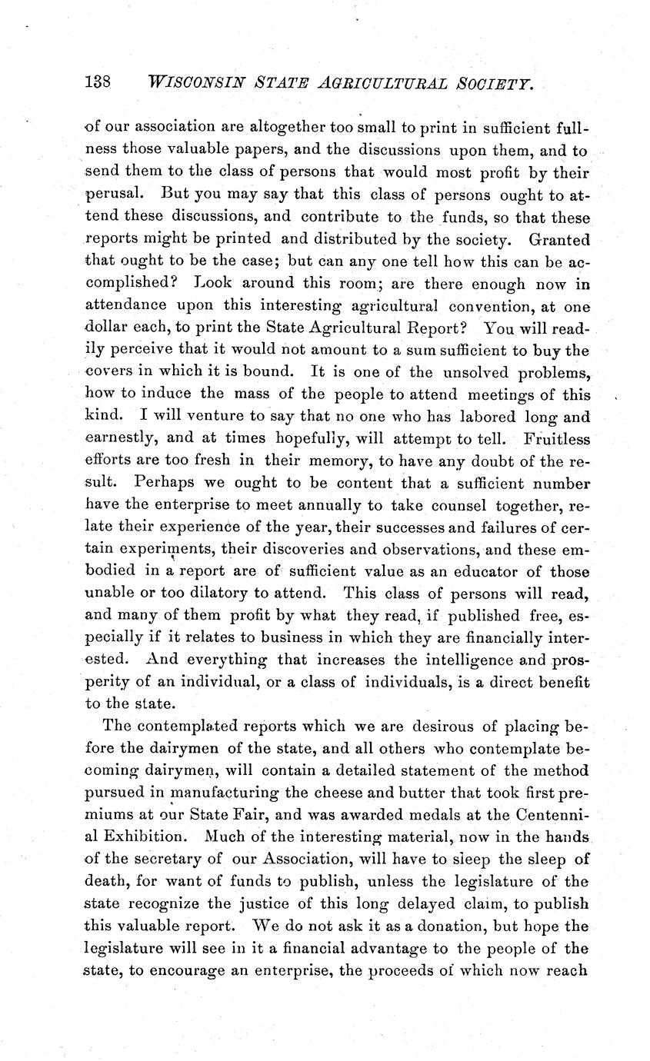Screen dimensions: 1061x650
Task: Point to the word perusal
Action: point(109,192)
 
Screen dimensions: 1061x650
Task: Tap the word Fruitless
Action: point(556,440)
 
